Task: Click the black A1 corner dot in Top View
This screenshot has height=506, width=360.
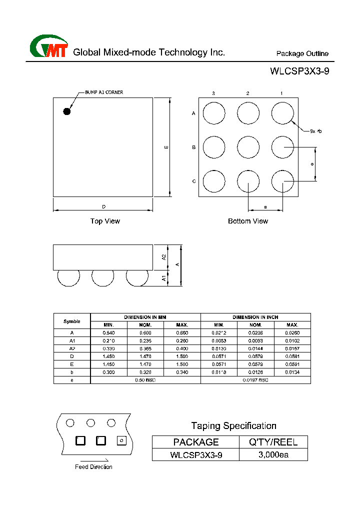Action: pos(66,111)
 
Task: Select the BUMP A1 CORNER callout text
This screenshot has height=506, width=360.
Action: pos(103,92)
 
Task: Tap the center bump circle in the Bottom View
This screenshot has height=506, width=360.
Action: pos(248,147)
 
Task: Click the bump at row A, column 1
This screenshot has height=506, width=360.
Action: pos(282,113)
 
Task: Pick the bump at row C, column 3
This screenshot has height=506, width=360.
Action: pos(214,181)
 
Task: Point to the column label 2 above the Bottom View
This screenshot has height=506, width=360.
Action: pos(247,93)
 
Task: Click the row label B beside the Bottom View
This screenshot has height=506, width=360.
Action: pos(193,147)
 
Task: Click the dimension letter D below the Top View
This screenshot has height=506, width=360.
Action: pos(103,206)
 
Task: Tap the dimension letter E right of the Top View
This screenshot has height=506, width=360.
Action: pos(166,147)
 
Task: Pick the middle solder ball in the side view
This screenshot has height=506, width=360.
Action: pos(102,277)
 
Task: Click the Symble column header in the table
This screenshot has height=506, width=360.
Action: pos(72,321)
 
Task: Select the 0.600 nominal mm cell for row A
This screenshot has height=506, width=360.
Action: pos(145,332)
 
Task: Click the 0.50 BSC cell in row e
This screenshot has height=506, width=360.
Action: pos(145,380)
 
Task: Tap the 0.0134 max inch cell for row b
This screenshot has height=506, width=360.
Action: pos(292,372)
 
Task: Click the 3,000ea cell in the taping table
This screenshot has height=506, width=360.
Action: pos(273,455)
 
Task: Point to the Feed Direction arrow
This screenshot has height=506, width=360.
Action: pos(93,460)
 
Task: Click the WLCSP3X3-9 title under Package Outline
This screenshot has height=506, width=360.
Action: pos(299,71)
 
